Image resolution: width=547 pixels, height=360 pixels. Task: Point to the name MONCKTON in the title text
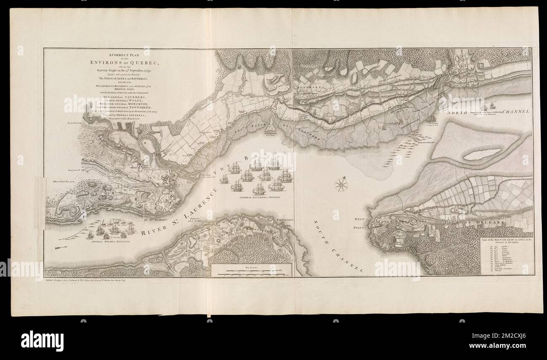point(135,104)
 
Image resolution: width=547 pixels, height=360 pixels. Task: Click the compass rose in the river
point(342,184)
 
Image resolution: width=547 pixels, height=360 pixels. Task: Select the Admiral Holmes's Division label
point(112,243)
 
